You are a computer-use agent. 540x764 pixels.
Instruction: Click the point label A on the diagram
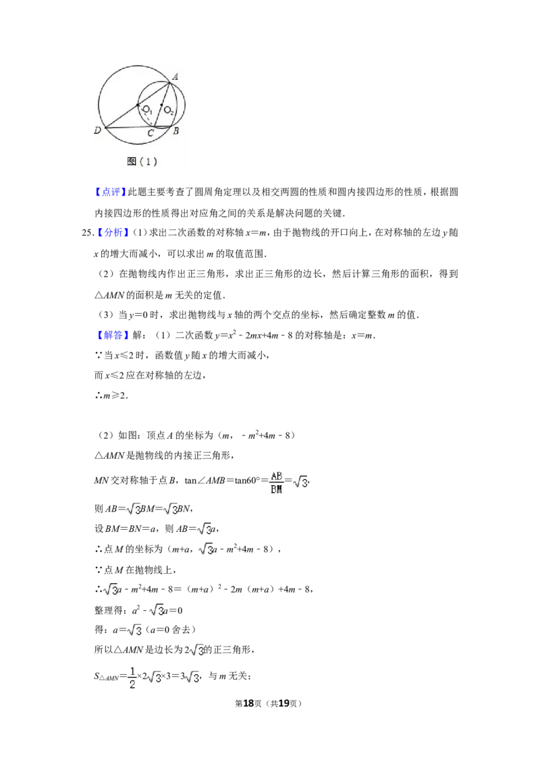(175, 77)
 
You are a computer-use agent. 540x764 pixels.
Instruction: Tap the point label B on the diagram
(175, 131)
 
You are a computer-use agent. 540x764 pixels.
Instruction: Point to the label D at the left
(98, 130)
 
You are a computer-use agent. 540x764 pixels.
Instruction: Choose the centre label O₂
(169, 110)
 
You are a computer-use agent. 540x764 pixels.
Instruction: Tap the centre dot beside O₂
(161, 105)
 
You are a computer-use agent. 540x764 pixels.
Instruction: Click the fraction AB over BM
(275, 483)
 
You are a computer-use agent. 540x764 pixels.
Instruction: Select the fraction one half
(132, 678)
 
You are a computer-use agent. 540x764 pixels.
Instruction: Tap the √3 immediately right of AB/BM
(300, 483)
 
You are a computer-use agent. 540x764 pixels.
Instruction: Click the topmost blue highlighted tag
(110, 192)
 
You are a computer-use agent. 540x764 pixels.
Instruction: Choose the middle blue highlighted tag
(113, 233)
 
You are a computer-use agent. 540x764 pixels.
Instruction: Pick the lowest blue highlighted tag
(113, 335)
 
